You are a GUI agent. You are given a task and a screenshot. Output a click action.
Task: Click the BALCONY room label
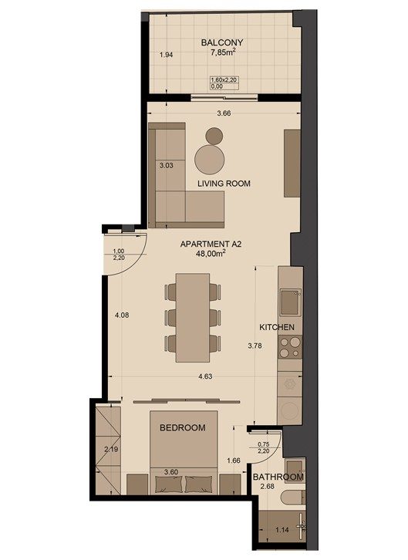(x=221, y=42)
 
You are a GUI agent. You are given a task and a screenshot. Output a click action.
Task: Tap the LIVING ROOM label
(x=224, y=184)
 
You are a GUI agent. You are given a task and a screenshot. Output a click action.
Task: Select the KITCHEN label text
(x=277, y=327)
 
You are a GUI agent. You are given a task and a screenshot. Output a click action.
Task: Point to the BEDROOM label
(x=182, y=427)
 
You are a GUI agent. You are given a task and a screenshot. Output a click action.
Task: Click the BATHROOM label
(x=278, y=477)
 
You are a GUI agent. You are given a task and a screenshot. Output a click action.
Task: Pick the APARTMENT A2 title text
(x=211, y=245)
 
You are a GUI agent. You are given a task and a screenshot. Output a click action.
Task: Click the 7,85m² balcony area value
(x=223, y=52)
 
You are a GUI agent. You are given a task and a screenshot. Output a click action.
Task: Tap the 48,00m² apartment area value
(x=211, y=253)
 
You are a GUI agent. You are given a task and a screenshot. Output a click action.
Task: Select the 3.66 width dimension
(x=224, y=113)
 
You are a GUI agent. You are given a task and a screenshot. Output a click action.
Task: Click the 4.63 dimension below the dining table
(x=206, y=376)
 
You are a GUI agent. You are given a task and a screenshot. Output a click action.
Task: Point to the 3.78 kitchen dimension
(x=255, y=346)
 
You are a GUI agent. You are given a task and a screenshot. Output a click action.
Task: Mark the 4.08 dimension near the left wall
(x=122, y=315)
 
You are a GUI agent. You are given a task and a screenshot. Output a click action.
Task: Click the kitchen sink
(x=290, y=302)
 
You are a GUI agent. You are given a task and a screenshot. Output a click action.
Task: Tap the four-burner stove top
(x=289, y=348)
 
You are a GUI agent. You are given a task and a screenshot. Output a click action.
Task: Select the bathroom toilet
(x=293, y=498)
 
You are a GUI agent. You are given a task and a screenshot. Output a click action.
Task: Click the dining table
(x=192, y=318)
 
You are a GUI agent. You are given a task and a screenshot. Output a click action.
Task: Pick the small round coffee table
(x=214, y=136)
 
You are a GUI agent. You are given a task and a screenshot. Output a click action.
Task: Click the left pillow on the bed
(x=168, y=484)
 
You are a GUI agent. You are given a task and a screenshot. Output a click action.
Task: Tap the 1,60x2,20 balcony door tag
(x=224, y=80)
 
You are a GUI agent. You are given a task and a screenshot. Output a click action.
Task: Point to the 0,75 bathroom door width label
(x=264, y=444)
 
